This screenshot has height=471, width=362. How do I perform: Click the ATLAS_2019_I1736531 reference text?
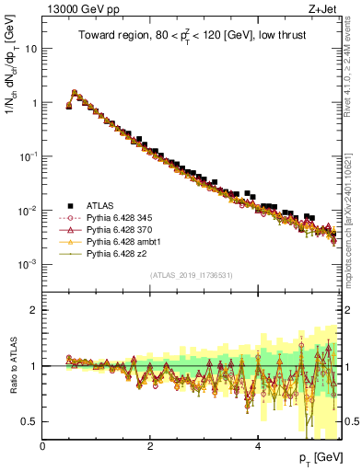(x=192, y=275)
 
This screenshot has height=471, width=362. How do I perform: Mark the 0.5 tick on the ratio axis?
(x=29, y=421)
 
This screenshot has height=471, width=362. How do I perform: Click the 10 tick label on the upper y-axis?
(x=29, y=49)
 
